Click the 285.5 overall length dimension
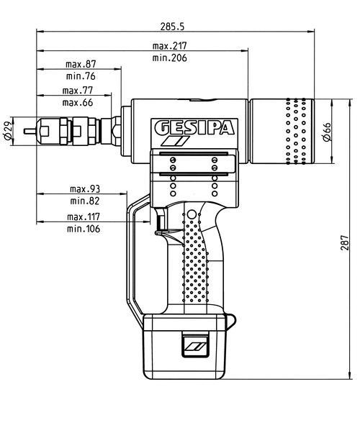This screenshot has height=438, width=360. pyautogui.click(x=172, y=27)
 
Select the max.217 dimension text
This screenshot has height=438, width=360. pyautogui.click(x=169, y=45)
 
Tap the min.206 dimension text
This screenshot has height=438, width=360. pyautogui.click(x=169, y=58)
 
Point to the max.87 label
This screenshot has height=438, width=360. pyautogui.click(x=81, y=64)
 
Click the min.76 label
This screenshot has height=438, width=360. pyautogui.click(x=81, y=76)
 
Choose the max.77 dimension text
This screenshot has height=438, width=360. pyautogui.click(x=78, y=91)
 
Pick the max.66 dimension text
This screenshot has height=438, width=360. pyautogui.click(x=78, y=103)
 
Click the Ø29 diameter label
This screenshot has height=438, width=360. pyautogui.click(x=7, y=132)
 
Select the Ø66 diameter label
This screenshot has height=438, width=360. pyautogui.click(x=327, y=132)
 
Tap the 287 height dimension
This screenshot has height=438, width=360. pyautogui.click(x=345, y=242)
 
